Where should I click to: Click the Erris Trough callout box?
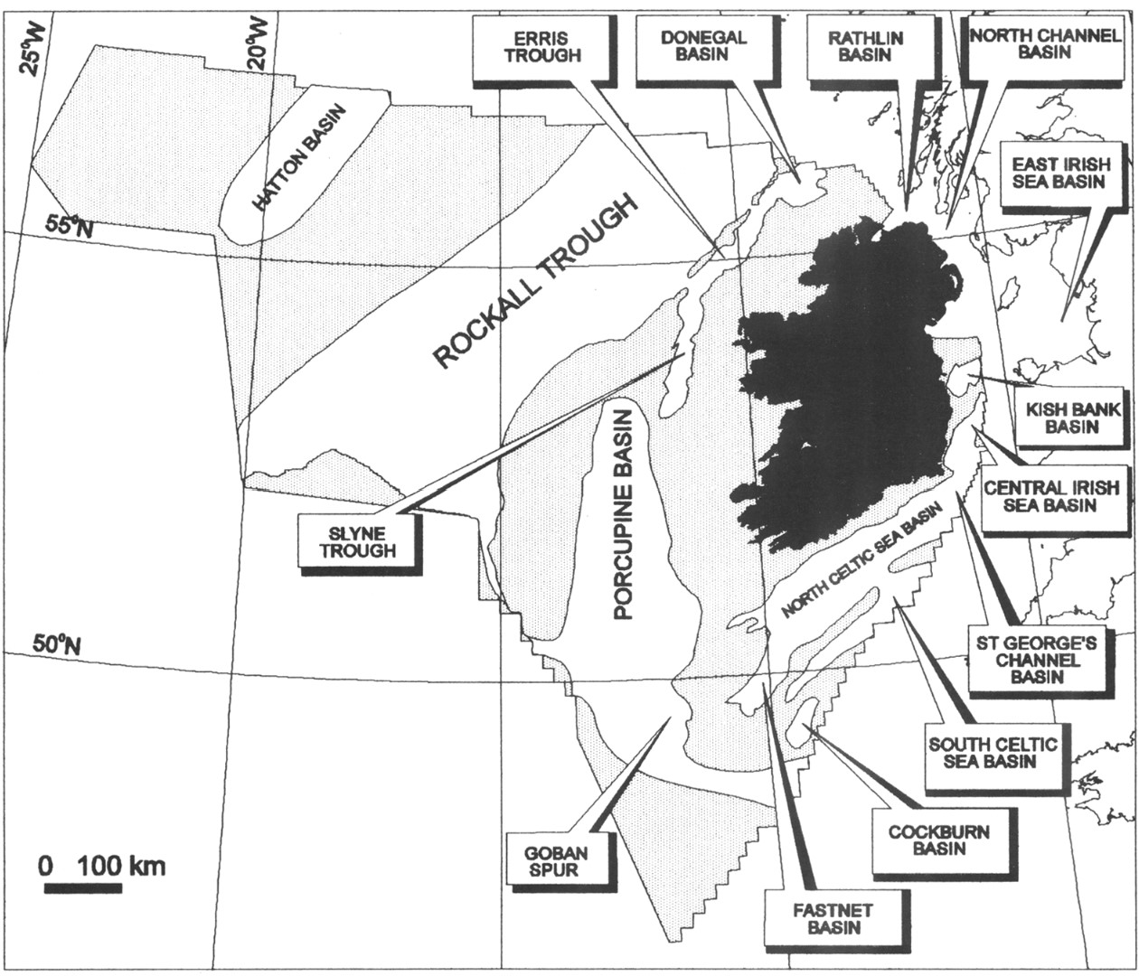530,47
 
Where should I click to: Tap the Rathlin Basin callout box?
864,47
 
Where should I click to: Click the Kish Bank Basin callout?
1070,417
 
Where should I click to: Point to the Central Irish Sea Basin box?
1050,496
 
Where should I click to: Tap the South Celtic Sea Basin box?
992,753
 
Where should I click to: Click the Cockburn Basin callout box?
938,840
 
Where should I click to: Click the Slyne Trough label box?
357,542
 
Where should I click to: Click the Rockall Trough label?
536,281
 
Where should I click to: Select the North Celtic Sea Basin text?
861,561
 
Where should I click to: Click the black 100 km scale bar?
83,887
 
